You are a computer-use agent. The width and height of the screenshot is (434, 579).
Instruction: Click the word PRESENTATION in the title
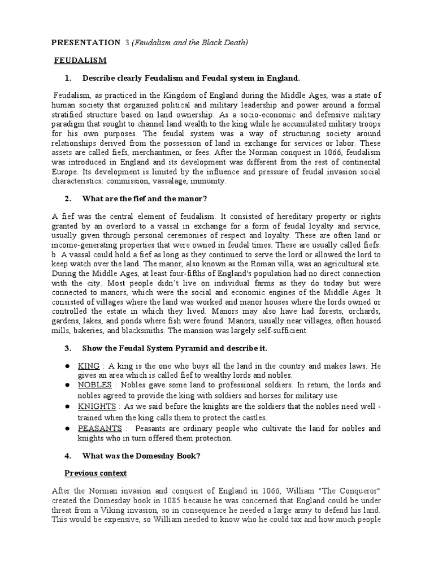[x=85, y=42]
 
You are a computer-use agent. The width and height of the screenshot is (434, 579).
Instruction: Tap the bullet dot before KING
[x=67, y=366]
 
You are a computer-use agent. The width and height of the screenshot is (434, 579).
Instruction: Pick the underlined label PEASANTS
[x=101, y=429]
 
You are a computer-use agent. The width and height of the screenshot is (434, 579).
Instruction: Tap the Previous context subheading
[x=95, y=473]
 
